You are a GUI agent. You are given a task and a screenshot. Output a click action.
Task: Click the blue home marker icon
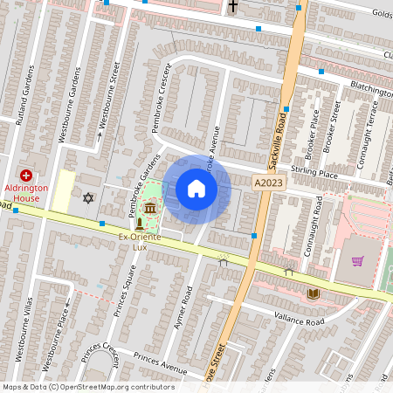(x=196, y=189)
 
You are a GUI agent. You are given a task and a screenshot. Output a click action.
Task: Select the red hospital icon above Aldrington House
(x=26, y=175)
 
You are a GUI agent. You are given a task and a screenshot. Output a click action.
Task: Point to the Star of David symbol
(x=86, y=198)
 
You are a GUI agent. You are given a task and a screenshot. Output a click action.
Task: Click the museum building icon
(x=151, y=209)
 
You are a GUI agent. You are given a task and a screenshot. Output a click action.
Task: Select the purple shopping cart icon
(x=357, y=260)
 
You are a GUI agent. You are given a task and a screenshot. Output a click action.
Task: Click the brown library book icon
(x=313, y=293)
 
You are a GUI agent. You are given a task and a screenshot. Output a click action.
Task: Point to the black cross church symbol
(x=232, y=6)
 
